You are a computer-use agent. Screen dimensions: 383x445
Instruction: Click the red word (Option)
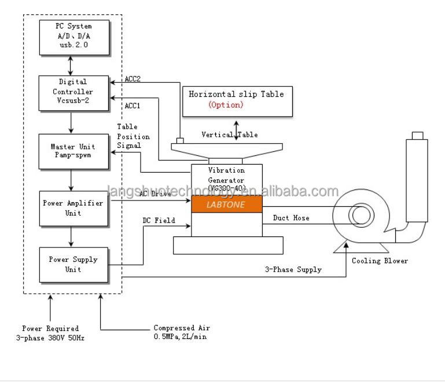pyautogui.click(x=226, y=105)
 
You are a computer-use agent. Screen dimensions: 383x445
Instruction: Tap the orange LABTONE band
pyautogui.click(x=226, y=205)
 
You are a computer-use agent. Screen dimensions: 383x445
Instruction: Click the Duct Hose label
pyautogui.click(x=291, y=218)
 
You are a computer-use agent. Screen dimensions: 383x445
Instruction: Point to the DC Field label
pyautogui.click(x=159, y=221)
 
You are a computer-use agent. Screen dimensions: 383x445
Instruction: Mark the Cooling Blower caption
pyautogui.click(x=380, y=261)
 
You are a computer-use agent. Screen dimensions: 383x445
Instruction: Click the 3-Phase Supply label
pyautogui.click(x=293, y=269)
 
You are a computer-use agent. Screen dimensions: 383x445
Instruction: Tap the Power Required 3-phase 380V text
pyautogui.click(x=50, y=333)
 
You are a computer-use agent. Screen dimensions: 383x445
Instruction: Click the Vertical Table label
pyautogui.click(x=230, y=134)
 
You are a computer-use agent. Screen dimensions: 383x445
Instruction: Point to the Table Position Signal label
pyautogui.click(x=133, y=136)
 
